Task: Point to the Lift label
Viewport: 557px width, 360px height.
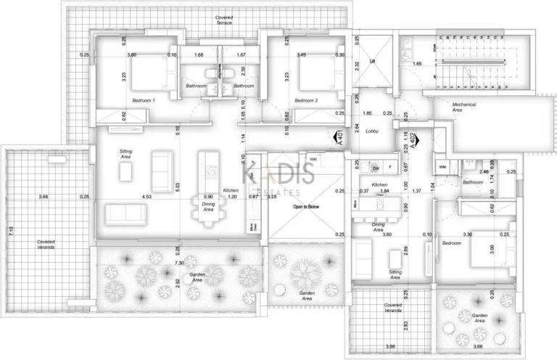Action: point(373,62)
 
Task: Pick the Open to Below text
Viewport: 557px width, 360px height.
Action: point(306,206)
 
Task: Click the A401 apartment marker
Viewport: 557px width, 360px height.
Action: point(339,138)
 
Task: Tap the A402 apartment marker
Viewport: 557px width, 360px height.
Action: point(413,139)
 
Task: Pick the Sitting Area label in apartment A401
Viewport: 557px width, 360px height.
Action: point(125,154)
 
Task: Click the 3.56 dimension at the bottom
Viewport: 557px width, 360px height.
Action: point(392,346)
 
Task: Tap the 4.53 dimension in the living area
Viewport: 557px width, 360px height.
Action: point(147,197)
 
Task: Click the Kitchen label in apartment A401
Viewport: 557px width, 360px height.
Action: point(231,189)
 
